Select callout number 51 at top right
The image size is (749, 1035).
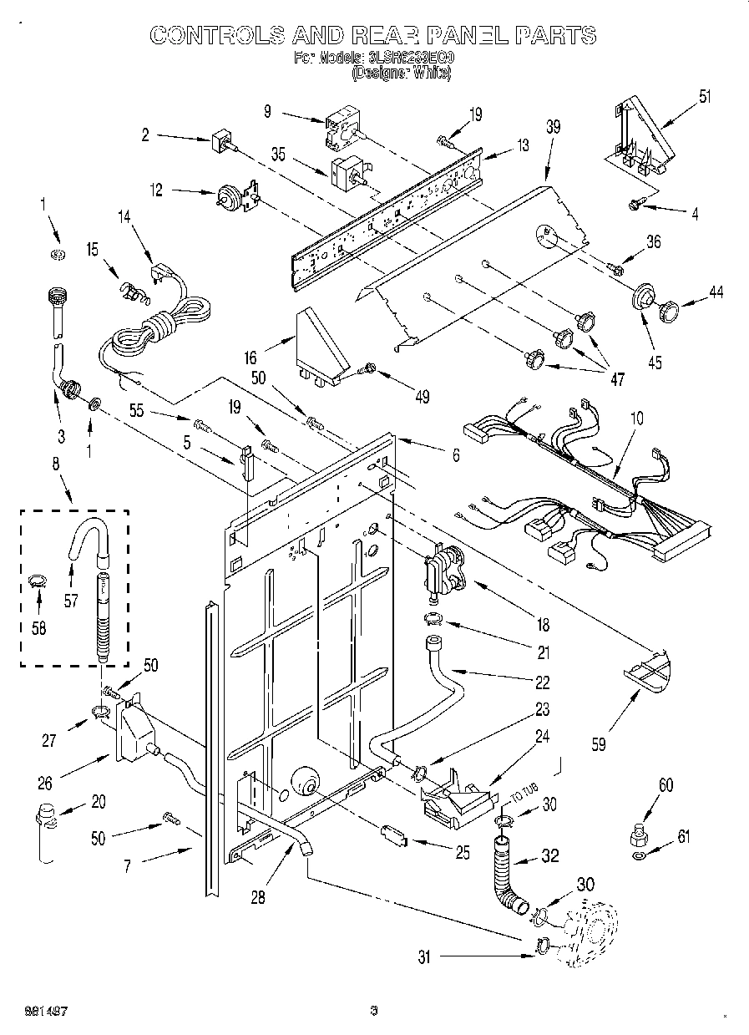point(705,96)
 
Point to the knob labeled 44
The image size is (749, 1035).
point(668,312)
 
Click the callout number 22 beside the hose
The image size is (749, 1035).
point(543,682)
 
